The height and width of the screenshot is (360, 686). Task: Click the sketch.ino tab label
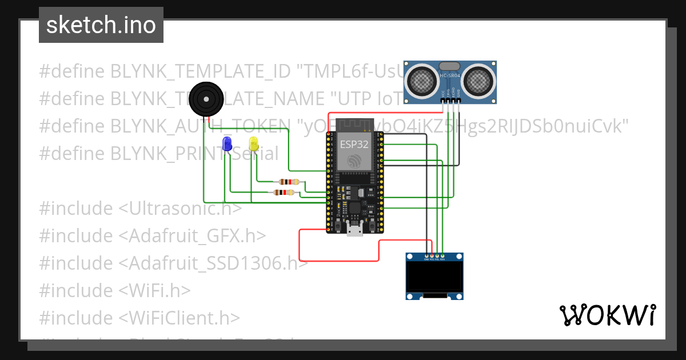[101, 25]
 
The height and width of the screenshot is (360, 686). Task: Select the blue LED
[227, 143]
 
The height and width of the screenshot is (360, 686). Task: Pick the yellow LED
[254, 143]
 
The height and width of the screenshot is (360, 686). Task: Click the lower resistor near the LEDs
[284, 193]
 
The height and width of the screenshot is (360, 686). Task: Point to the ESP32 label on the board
[354, 144]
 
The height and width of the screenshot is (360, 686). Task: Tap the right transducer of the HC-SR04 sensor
[478, 81]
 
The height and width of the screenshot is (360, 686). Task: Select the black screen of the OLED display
[434, 277]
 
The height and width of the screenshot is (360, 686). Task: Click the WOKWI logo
[607, 315]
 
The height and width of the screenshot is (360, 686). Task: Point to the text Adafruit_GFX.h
[193, 235]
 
